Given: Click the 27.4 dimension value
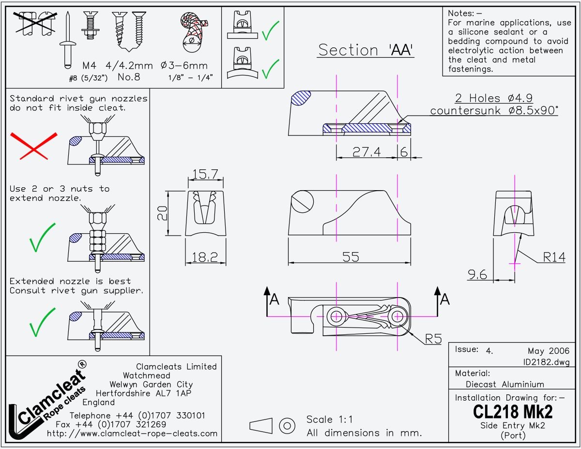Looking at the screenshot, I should (367, 152).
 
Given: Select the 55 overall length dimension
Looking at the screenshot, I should (351, 257).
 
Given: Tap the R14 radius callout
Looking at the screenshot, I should (554, 257).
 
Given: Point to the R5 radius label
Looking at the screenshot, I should (433, 339).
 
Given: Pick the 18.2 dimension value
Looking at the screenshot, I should (205, 257).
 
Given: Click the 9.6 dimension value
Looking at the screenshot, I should (477, 275).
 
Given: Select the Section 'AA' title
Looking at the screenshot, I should (366, 50).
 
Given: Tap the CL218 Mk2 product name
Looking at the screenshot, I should (512, 412).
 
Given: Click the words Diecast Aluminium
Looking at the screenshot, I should (505, 384).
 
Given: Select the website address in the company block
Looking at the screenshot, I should (132, 434).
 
